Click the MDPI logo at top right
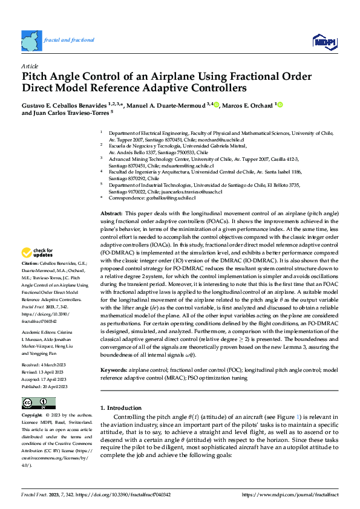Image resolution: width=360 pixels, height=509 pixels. [x=324, y=41]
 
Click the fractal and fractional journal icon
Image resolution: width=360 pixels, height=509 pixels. [x=30, y=41]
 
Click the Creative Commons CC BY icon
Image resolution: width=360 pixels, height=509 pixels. [x=39, y=403]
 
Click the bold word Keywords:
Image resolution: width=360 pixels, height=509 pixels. [x=114, y=369]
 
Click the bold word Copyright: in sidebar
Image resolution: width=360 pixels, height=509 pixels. [x=32, y=416]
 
